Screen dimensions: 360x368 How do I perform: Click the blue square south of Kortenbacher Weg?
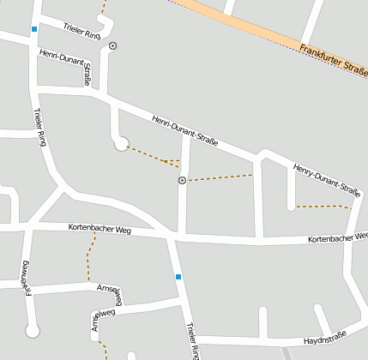click(x=178, y=276)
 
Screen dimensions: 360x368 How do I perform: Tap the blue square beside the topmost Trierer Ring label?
click(x=34, y=29)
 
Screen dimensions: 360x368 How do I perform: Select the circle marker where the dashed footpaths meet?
click(x=182, y=181)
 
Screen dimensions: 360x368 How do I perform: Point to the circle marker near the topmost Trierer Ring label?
click(x=112, y=45)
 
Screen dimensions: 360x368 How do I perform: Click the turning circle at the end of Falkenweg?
click(x=33, y=330)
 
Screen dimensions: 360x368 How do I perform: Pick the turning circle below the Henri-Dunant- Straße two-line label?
click(x=121, y=144)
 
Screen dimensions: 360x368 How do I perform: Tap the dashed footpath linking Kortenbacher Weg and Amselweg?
click(x=88, y=257)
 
